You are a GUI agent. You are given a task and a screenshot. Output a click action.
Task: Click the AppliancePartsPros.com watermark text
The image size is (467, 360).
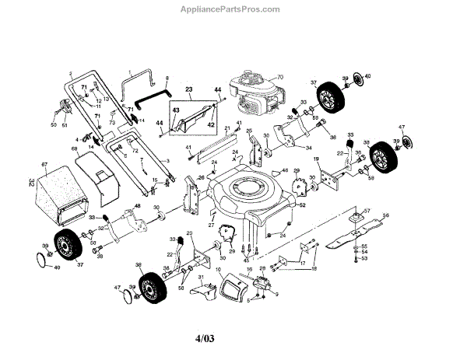[233, 9]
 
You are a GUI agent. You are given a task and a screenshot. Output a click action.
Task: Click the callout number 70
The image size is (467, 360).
[281, 75]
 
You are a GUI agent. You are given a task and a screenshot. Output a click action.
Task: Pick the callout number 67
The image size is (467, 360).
[44, 165]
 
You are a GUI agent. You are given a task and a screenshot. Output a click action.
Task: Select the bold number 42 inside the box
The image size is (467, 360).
[209, 123]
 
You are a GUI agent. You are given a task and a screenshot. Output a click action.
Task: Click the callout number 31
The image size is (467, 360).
[200, 278]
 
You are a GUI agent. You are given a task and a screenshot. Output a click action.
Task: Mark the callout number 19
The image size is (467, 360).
[316, 159]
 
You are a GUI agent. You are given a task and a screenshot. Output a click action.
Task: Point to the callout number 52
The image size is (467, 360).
[303, 205]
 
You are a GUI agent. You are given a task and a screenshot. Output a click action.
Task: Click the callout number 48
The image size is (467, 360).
[137, 205]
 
